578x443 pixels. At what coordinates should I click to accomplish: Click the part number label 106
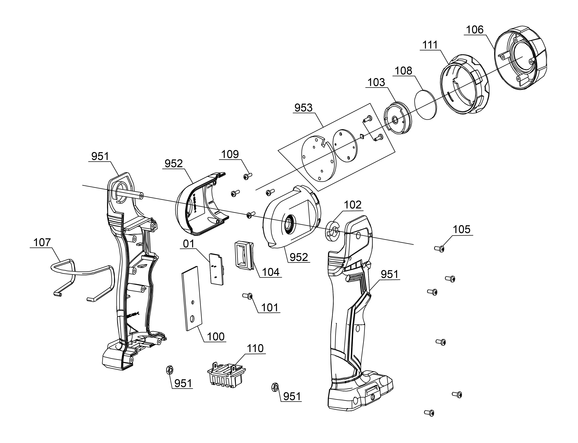475,30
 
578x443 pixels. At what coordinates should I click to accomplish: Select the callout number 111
430,45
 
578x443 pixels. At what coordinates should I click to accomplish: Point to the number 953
303,108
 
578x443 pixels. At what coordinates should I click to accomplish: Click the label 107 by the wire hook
42,242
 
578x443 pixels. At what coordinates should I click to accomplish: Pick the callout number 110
255,348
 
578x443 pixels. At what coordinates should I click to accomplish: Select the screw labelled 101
247,296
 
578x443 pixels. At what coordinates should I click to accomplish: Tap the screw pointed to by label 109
247,176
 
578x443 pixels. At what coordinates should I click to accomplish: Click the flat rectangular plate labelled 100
193,298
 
